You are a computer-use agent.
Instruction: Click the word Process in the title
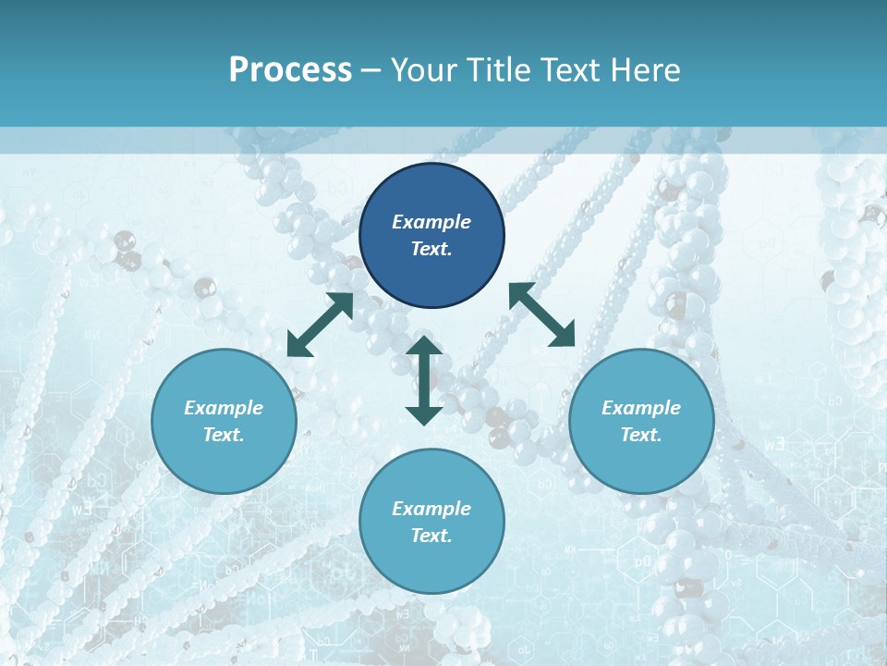tap(290, 70)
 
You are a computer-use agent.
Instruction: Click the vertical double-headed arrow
tap(424, 380)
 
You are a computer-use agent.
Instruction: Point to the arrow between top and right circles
tap(541, 315)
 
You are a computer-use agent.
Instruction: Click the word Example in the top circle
tap(431, 222)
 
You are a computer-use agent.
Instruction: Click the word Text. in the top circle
tap(431, 249)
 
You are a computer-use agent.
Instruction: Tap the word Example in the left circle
tap(224, 408)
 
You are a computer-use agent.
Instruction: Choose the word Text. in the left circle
tap(224, 435)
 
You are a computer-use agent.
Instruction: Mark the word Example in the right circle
tap(641, 408)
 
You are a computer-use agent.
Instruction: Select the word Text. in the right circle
tap(641, 435)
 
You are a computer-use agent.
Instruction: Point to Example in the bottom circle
tap(431, 509)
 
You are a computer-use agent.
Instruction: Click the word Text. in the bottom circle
tap(431, 536)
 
